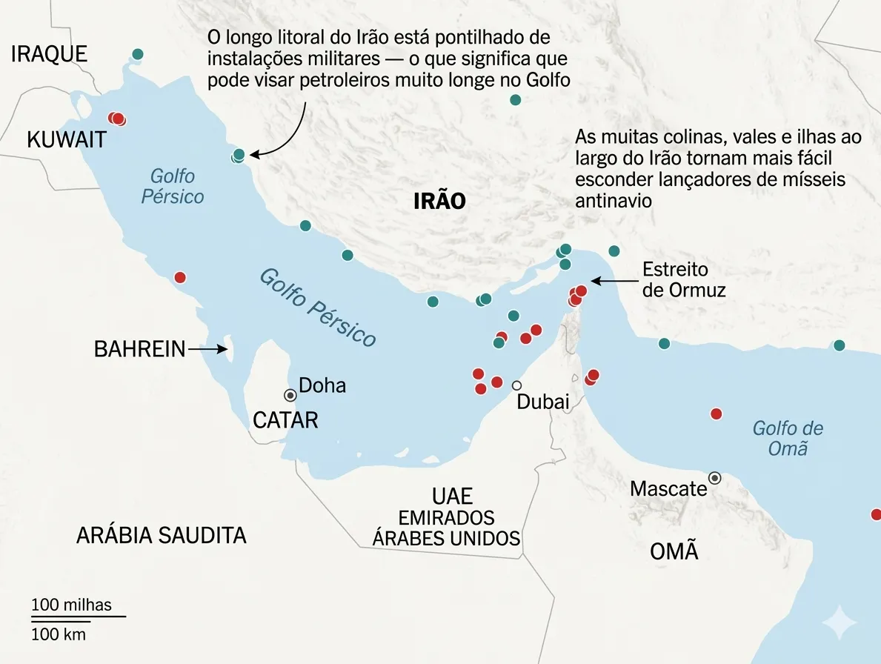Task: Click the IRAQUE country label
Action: [x=49, y=54]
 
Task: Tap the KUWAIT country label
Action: [x=67, y=139]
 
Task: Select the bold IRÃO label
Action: [x=439, y=201]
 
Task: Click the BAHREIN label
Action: [x=139, y=349]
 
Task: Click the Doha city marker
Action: [x=290, y=395]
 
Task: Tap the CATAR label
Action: [x=285, y=420]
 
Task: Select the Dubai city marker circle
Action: [x=516, y=385]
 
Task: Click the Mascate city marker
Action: [x=714, y=478]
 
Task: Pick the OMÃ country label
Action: [x=674, y=552]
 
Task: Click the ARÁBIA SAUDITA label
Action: [x=161, y=536]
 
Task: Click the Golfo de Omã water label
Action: [x=787, y=438]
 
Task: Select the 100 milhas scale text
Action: [x=71, y=605]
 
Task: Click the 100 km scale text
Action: [x=59, y=634]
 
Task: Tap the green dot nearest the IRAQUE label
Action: [x=137, y=54]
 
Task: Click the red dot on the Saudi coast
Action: [x=179, y=278]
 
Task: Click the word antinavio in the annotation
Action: [x=613, y=200]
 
